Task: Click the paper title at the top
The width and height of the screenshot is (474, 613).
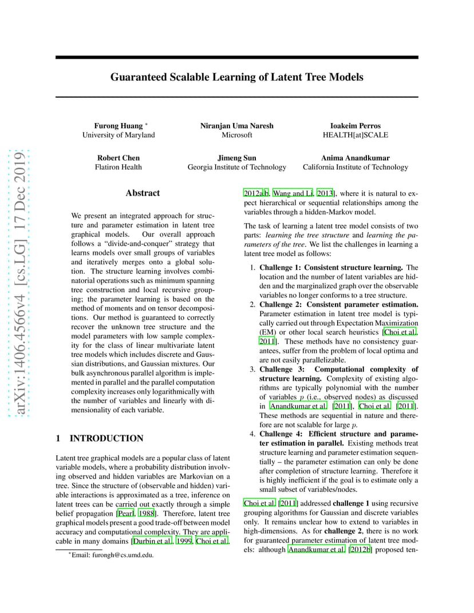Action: click(x=236, y=77)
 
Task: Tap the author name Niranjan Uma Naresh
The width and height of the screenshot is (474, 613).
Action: click(x=236, y=125)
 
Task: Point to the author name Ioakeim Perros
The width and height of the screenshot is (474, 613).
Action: click(x=355, y=125)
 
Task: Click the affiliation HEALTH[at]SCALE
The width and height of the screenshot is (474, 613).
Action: click(x=355, y=135)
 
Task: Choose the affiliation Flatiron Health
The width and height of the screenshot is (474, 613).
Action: click(x=118, y=167)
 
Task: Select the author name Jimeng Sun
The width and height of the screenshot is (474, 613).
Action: click(x=236, y=157)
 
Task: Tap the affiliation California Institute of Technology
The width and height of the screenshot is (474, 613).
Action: click(x=355, y=167)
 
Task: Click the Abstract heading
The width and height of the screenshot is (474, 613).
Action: click(x=143, y=193)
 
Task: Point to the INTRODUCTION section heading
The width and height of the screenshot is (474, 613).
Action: click(x=106, y=438)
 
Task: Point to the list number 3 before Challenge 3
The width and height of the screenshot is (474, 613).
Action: click(x=252, y=369)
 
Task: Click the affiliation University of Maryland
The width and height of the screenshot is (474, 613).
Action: click(x=118, y=135)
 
